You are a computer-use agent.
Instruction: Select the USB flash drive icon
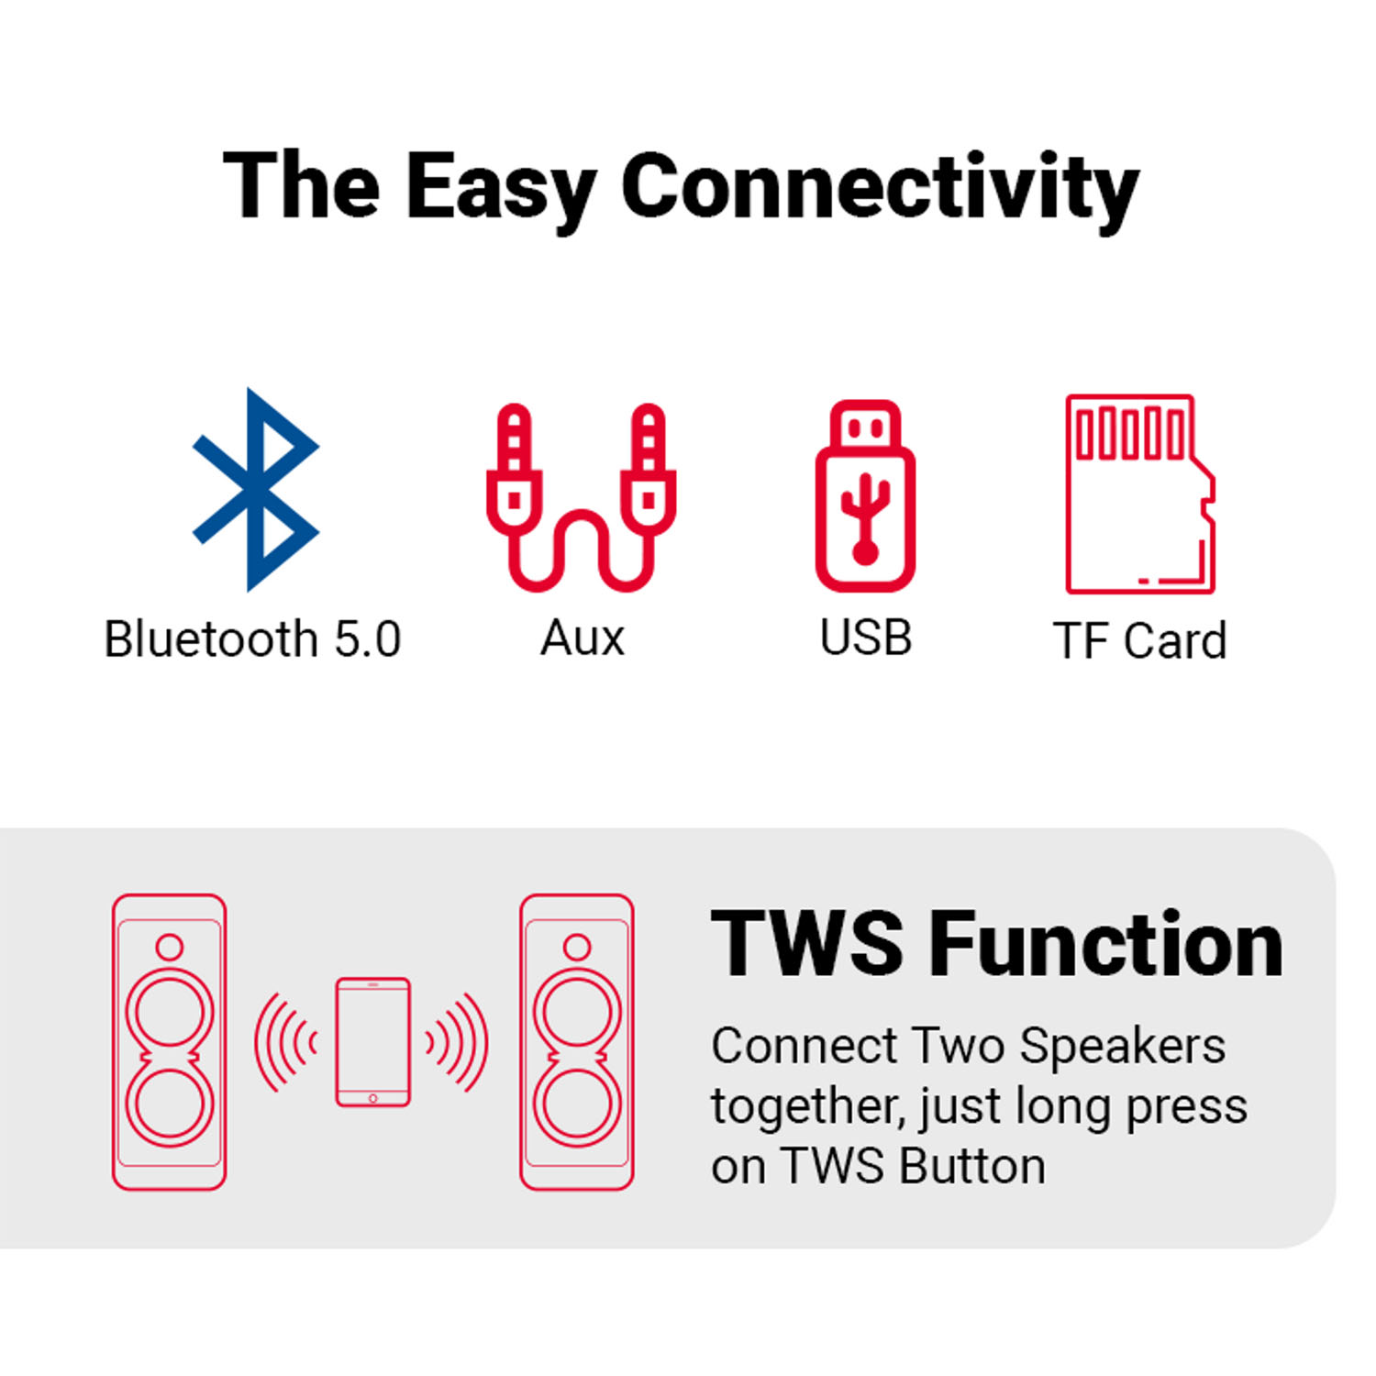pos(865,495)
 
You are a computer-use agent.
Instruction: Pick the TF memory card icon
pos(1140,494)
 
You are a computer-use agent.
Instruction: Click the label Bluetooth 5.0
pos(252,638)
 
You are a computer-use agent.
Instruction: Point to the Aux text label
pos(583,638)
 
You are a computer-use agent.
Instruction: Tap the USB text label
pos(866,638)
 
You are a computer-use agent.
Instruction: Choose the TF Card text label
pos(1139,640)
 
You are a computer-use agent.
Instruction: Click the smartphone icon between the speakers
pos(372,1042)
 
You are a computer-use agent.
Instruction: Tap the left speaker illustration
pos(169,1042)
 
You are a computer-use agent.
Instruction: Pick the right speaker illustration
pos(577,1042)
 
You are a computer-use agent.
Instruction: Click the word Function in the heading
pos(1106,944)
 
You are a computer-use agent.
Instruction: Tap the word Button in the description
pos(972,1166)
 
